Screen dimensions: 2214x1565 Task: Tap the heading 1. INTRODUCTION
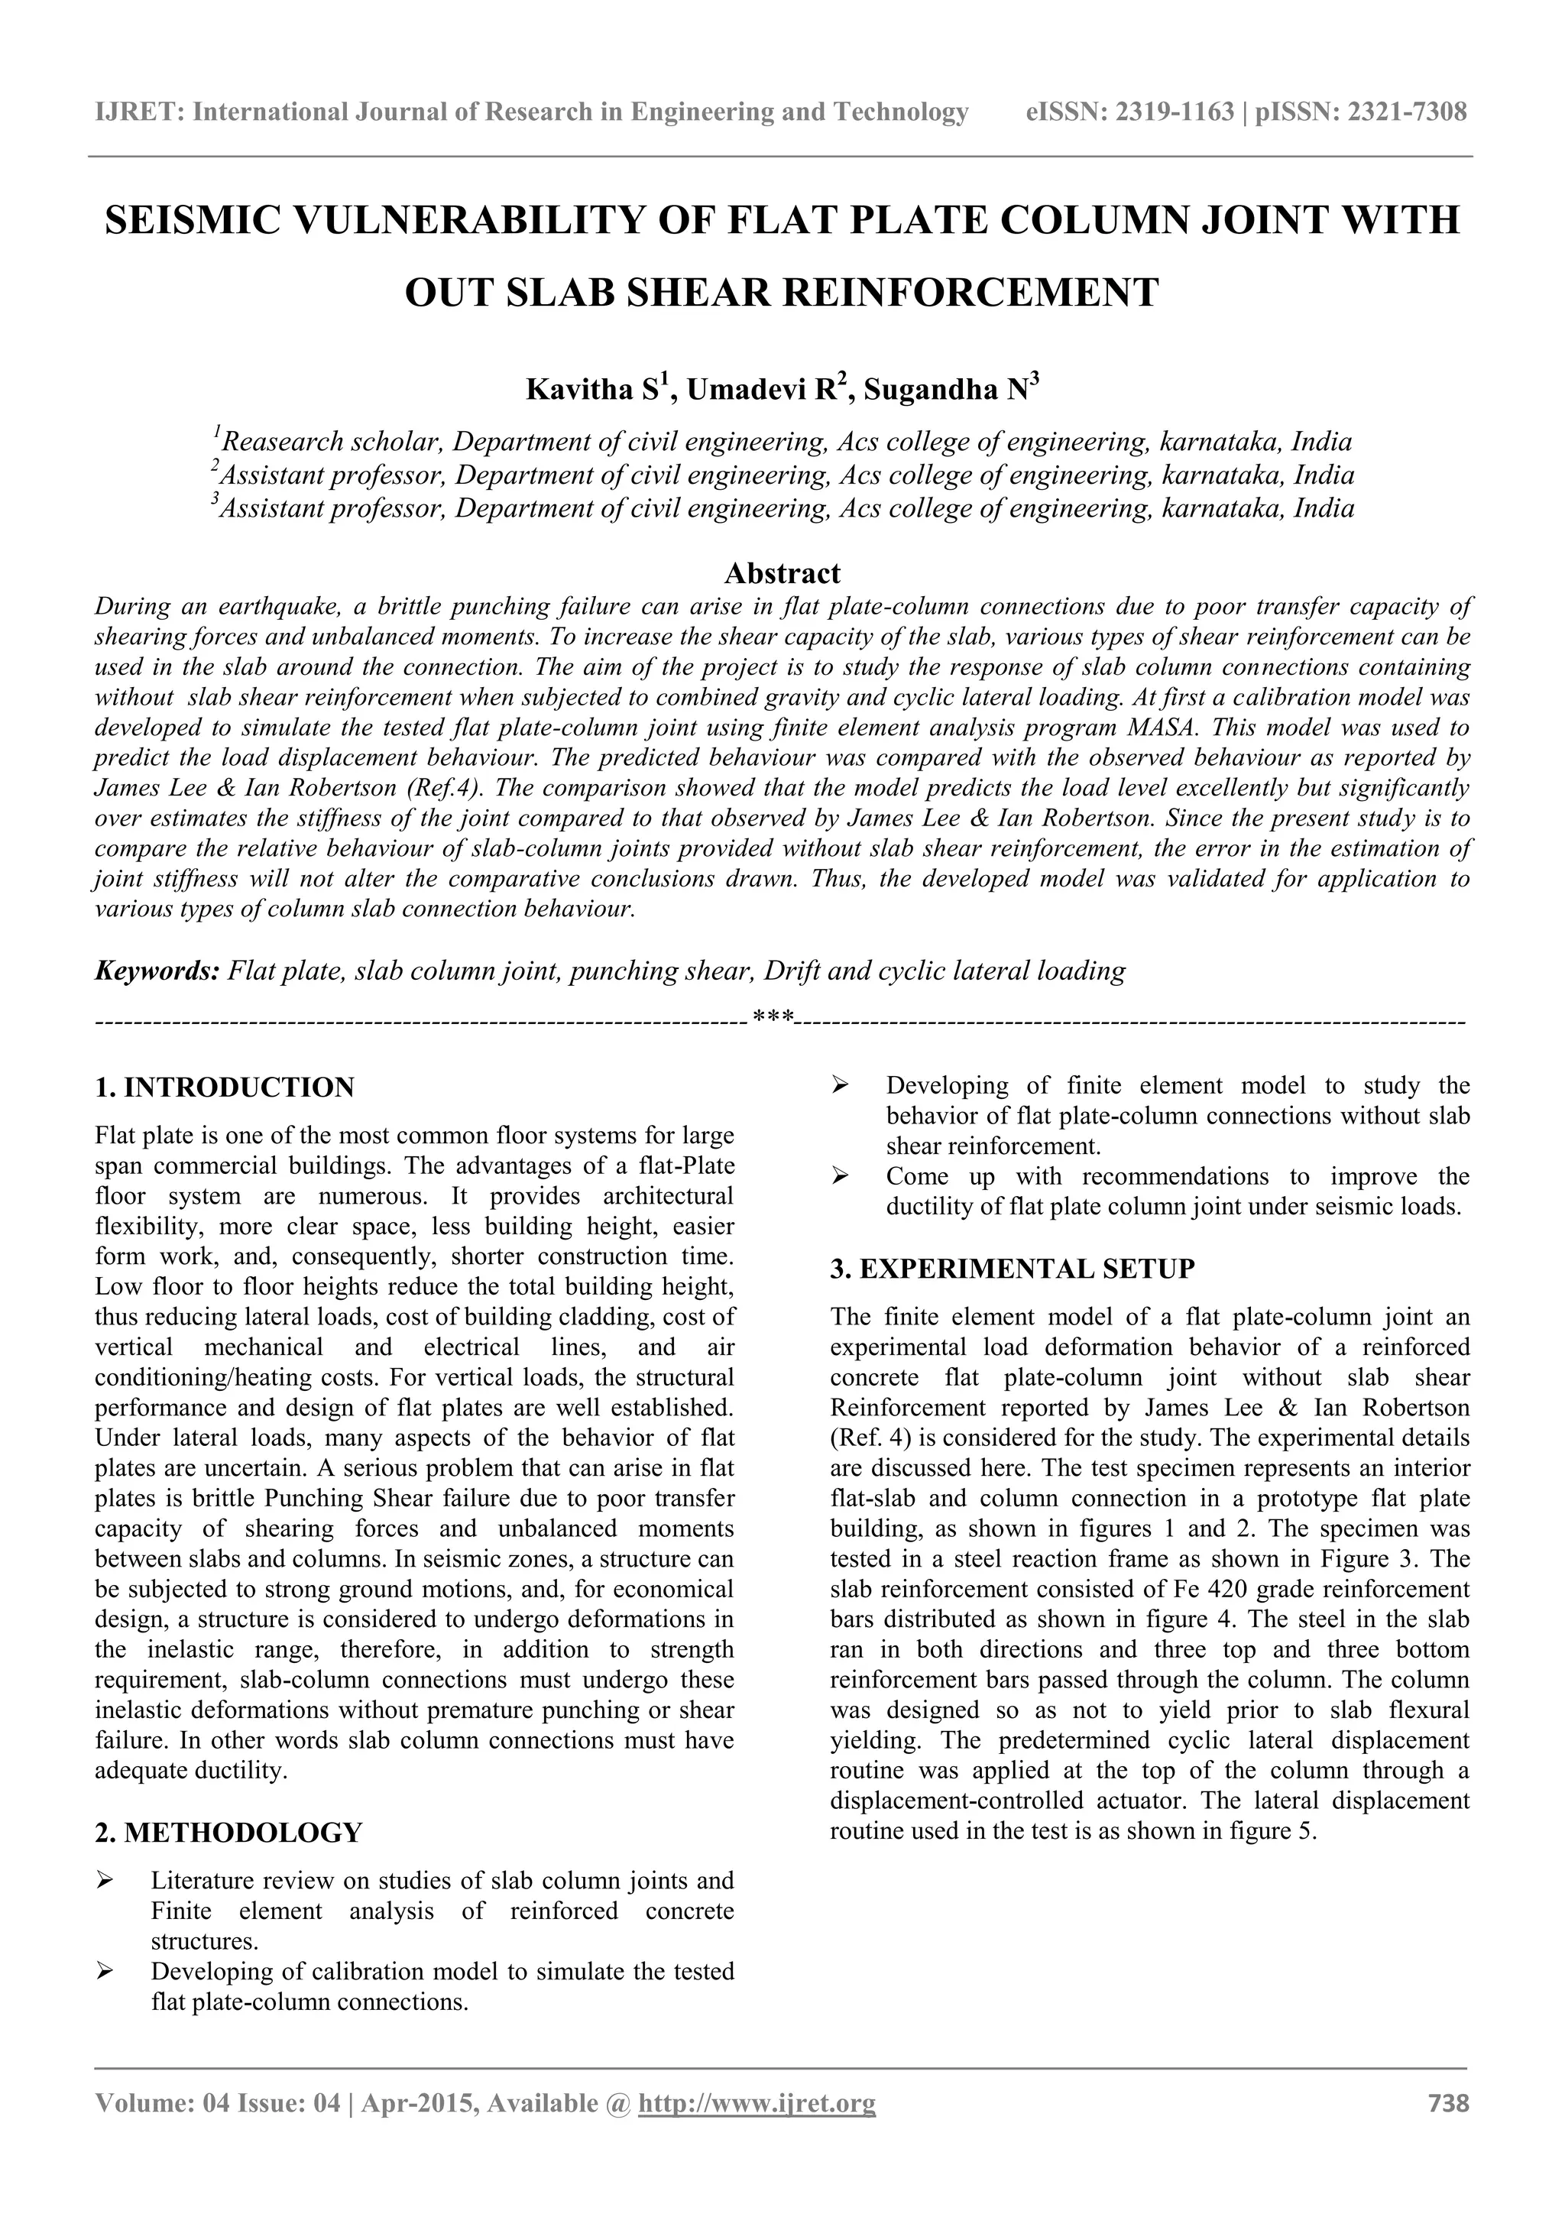225,1088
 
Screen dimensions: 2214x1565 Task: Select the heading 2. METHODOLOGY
228,1832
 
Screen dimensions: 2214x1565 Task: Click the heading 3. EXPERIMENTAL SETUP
1013,1268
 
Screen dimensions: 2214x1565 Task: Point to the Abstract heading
782,574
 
